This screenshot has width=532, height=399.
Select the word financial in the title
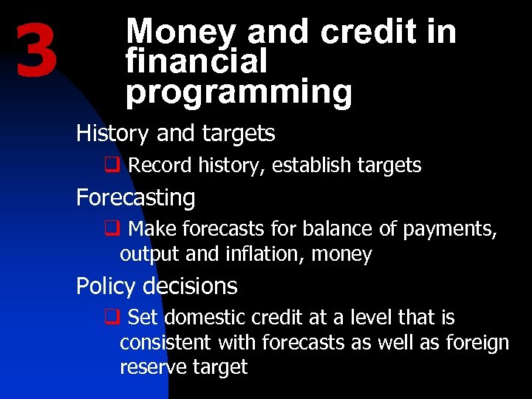point(197,62)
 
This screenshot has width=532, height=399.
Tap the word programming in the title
point(239,92)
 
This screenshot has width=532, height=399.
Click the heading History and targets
point(175,134)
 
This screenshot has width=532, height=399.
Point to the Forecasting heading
point(135,198)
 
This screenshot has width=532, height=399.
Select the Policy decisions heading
point(157,286)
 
